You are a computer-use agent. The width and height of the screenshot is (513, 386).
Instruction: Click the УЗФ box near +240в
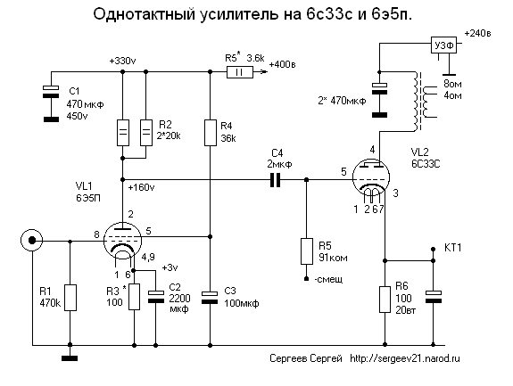443,45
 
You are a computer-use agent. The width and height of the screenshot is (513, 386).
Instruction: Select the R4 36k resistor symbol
211,133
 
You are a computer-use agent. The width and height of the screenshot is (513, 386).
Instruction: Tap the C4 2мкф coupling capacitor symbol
275,180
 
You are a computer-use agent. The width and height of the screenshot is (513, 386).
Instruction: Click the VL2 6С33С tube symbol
371,178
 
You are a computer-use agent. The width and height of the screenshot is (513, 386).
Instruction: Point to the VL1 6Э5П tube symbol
122,240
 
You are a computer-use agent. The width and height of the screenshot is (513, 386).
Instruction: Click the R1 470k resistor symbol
70,298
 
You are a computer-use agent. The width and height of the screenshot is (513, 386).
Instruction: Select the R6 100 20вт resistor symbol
385,300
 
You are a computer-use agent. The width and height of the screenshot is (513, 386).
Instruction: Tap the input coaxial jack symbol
32,240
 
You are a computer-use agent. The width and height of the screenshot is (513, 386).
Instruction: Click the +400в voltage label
282,64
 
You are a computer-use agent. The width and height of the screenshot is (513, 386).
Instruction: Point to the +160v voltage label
141,187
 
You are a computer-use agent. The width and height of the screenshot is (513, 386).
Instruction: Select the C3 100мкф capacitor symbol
210,298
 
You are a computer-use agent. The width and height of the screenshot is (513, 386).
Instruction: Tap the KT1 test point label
453,248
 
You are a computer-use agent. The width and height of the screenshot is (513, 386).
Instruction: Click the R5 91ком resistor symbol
307,251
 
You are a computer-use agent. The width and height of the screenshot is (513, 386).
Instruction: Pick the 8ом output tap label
453,84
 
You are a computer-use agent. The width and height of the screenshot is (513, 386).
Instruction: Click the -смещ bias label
328,280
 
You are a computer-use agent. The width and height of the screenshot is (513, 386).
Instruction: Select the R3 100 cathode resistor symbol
134,297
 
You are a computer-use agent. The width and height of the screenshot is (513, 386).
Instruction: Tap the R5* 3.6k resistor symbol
240,72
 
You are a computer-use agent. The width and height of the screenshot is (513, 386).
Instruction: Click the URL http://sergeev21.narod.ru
405,358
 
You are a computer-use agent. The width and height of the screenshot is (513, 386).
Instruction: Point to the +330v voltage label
122,62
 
